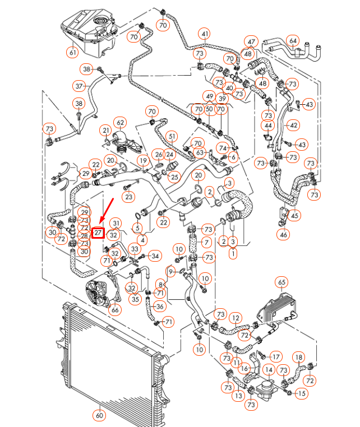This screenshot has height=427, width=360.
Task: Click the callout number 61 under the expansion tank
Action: pyautogui.click(x=72, y=53)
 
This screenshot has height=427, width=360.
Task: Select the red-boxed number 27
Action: pyautogui.click(x=98, y=232)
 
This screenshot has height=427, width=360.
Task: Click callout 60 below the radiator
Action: pyautogui.click(x=100, y=415)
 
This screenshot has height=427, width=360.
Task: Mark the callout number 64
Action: pyautogui.click(x=293, y=40)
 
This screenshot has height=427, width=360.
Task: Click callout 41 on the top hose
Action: pyautogui.click(x=205, y=34)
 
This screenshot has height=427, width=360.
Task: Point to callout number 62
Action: pyautogui.click(x=119, y=122)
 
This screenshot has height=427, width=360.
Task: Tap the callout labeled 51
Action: pyautogui.click(x=172, y=136)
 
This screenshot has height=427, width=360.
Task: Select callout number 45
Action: pyautogui.click(x=295, y=215)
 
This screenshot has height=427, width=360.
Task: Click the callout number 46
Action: pyautogui.click(x=284, y=235)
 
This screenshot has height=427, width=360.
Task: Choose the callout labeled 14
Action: pyautogui.click(x=269, y=369)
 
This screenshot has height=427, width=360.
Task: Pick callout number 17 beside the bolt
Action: pyautogui.click(x=275, y=356)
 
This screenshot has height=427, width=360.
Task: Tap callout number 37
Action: pyautogui.click(x=80, y=86)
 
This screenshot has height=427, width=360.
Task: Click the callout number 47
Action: pyautogui.click(x=251, y=42)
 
